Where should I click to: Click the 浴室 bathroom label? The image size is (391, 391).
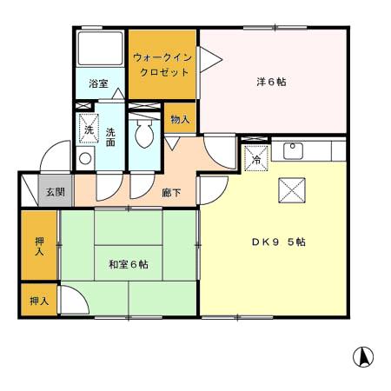point(99,84)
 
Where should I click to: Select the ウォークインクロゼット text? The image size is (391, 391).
point(162,63)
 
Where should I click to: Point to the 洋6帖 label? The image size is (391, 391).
point(271,82)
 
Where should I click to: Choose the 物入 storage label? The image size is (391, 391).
point(180,118)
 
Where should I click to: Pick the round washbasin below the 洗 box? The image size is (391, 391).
point(85,158)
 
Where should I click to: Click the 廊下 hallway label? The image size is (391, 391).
point(171,192)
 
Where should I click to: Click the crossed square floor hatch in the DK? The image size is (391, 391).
point(289,189)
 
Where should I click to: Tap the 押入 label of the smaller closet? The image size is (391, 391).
point(39,301)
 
